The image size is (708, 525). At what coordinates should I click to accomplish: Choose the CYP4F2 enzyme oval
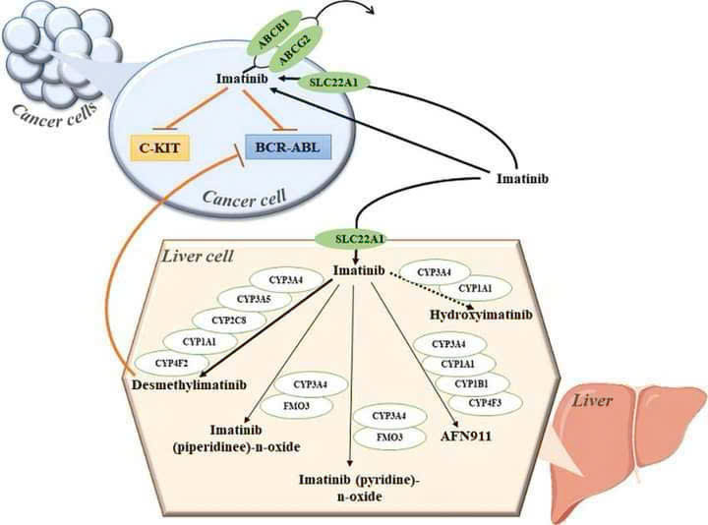[170, 364]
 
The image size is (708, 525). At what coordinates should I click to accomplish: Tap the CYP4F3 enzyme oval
[486, 402]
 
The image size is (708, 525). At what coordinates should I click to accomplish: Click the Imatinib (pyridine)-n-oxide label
[351, 488]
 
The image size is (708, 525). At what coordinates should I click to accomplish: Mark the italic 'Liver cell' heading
[196, 257]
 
